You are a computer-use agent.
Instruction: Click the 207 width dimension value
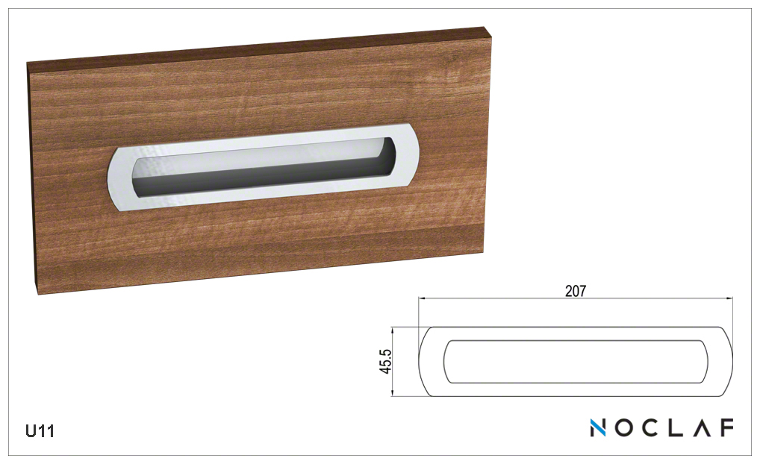576,291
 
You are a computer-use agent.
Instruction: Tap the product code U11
40,430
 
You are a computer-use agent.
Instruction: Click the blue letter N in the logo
598,427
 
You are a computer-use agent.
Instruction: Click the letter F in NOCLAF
726,427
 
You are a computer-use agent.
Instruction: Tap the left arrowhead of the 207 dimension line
422,298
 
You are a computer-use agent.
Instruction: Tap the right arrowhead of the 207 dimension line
729,298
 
